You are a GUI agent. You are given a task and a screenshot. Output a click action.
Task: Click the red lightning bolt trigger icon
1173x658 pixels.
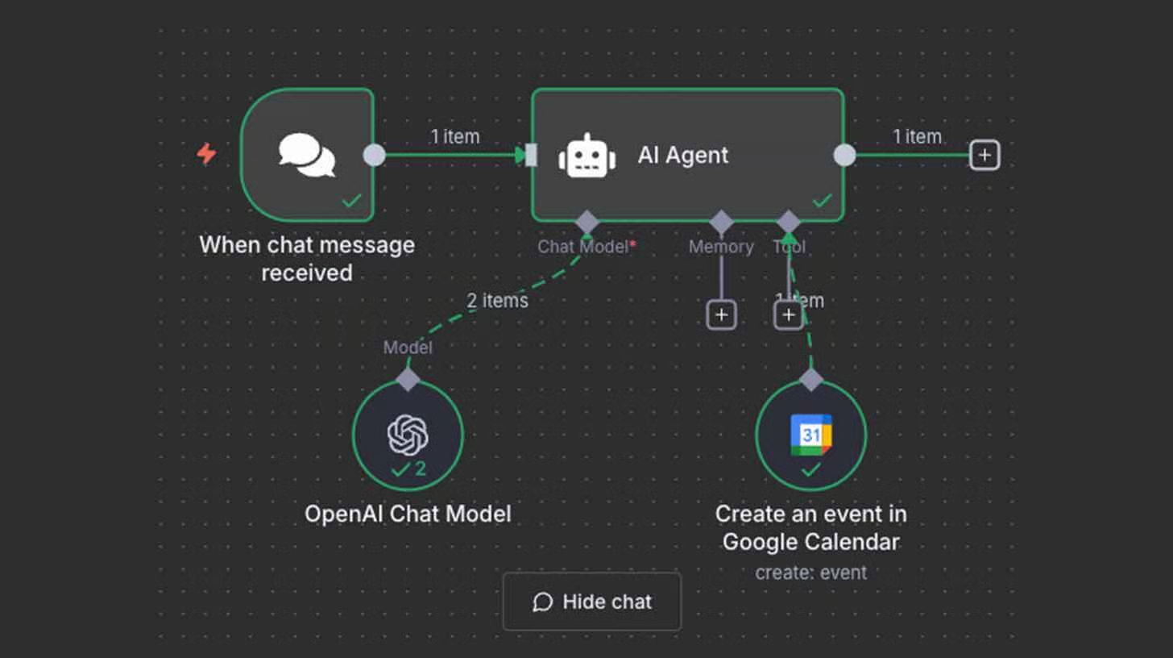(207, 153)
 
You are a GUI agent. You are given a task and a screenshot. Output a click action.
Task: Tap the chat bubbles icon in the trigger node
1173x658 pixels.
(307, 155)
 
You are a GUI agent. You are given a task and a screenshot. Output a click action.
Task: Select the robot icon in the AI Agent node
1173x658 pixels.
(587, 156)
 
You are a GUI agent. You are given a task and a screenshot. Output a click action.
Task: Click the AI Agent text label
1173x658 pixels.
(683, 155)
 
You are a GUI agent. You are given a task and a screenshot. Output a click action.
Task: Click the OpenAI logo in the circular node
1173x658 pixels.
(408, 435)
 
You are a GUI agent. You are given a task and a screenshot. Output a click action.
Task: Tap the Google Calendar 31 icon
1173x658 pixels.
(810, 434)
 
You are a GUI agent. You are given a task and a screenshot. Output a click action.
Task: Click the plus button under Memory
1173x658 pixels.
(721, 314)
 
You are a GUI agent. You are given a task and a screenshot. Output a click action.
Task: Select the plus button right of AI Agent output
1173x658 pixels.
(984, 155)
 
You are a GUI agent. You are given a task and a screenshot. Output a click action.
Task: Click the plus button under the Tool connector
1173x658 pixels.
(789, 314)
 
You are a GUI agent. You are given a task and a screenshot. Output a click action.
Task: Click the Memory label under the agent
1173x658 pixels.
(721, 247)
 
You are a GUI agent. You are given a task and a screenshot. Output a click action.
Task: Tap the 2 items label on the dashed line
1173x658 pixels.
(498, 301)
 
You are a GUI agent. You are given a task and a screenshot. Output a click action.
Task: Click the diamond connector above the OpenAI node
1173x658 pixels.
(408, 379)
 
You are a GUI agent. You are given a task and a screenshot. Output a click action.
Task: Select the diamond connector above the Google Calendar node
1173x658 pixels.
(810, 379)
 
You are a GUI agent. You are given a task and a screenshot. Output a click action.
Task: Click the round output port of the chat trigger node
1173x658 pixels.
(375, 155)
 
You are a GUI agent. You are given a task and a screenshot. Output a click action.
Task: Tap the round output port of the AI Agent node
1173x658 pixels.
(844, 155)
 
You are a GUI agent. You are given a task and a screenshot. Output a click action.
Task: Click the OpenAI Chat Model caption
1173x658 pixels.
(408, 514)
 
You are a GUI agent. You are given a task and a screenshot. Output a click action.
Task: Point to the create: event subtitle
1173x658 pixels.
(810, 573)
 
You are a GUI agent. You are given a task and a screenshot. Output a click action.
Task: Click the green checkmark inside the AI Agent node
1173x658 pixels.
(822, 200)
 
